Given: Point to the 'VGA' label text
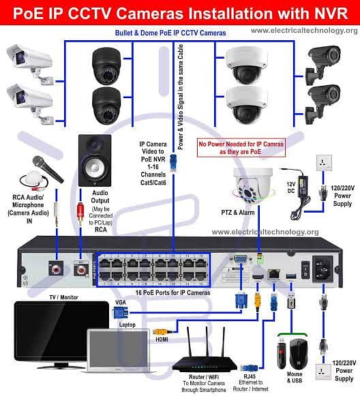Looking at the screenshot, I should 120,302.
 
